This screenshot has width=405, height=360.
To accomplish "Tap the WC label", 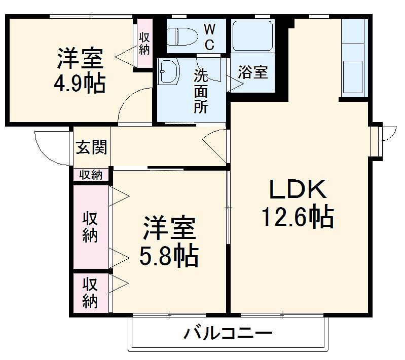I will click(x=209, y=36).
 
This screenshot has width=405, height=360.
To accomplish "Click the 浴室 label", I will click(x=253, y=72).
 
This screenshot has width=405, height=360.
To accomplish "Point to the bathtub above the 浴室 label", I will click(x=253, y=36).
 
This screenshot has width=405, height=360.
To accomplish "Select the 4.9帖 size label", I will click(x=80, y=83).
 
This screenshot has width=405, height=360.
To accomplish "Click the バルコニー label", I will click(x=228, y=334).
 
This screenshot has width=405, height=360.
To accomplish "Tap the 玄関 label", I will click(x=92, y=147).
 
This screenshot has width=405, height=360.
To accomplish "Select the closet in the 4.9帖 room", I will click(x=144, y=44).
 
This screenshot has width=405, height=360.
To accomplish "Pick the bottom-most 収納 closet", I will click(x=91, y=292).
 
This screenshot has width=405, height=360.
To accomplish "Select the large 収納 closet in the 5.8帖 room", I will click(x=91, y=227).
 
